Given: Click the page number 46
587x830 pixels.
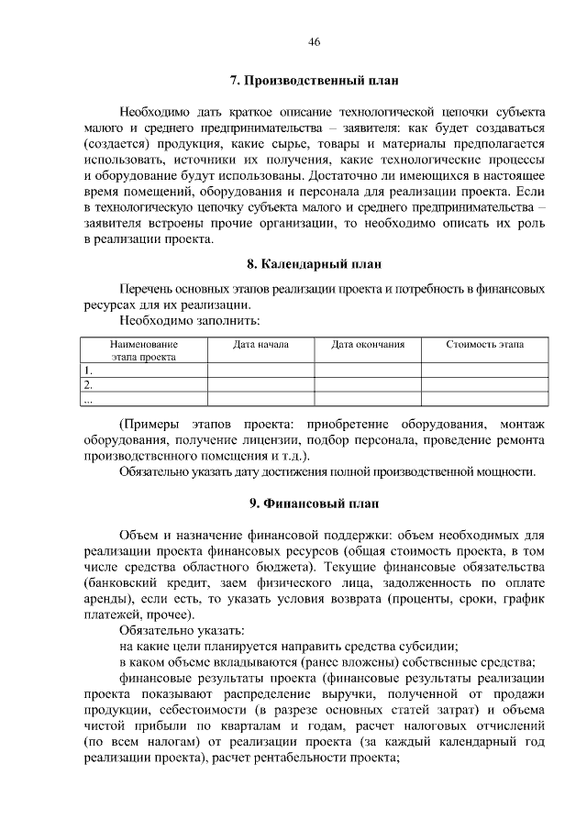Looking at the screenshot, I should point(315,42).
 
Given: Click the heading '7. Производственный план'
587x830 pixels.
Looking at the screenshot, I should point(314,81).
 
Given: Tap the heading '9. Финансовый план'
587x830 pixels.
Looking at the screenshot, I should point(314,503).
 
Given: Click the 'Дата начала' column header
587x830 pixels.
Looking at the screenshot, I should point(260,345).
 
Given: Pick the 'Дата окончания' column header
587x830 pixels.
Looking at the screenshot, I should point(367,345).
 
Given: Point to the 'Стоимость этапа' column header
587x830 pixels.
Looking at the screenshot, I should point(485,345).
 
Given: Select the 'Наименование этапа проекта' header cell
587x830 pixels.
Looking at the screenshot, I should point(144,351).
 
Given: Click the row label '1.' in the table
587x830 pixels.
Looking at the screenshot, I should point(88,371).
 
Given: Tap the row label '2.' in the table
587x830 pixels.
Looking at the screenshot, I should point(88,385).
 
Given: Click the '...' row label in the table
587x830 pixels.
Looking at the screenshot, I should point(88,400).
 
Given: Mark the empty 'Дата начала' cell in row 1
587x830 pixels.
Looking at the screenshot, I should point(260,371).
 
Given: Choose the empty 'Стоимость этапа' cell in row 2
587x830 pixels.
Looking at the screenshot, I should point(485,385).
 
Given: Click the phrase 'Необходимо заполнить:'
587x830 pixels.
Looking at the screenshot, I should point(189,321).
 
